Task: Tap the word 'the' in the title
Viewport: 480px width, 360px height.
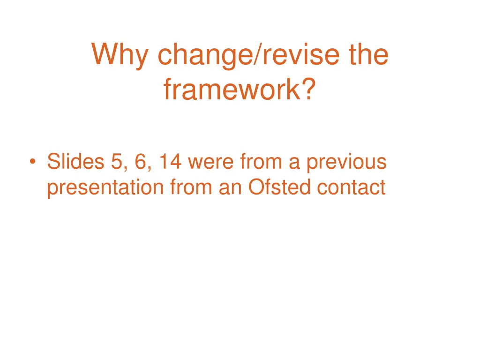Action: (x=368, y=54)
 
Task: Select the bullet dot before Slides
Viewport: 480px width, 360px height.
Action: (x=32, y=162)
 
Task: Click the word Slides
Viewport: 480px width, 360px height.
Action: (x=76, y=162)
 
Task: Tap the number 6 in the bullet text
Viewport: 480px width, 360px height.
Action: (x=140, y=162)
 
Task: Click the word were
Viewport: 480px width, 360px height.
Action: (x=212, y=162)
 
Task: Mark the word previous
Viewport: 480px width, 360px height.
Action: (x=346, y=162)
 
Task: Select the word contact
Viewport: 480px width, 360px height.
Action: (x=351, y=187)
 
